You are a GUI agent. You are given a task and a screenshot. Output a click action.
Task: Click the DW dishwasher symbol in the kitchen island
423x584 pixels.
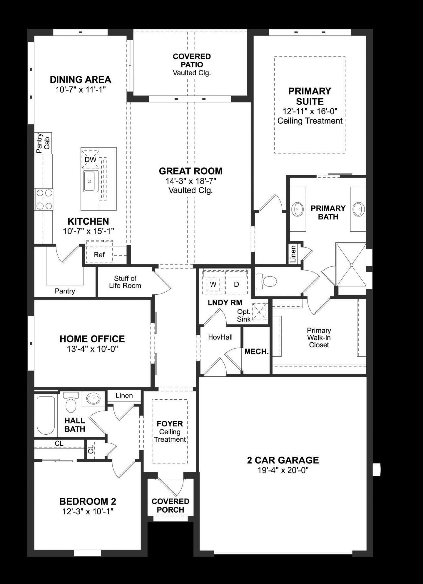90,159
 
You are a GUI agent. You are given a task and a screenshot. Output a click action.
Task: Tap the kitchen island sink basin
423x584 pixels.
90,181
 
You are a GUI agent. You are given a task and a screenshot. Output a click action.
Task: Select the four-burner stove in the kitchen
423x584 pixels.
44,199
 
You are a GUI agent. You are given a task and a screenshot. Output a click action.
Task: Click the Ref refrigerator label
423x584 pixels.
99,255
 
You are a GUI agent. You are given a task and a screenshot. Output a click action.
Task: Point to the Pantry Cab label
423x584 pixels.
43,143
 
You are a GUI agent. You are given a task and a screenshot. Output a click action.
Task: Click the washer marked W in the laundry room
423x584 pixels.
213,284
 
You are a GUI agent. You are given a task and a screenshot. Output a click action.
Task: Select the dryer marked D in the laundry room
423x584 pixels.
236,284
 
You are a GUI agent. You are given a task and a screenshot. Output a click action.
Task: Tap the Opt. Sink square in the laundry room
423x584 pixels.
260,312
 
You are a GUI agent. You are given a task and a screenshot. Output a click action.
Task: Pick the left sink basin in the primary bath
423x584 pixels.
298,209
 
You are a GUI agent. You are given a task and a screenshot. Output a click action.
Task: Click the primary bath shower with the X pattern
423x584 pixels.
351,265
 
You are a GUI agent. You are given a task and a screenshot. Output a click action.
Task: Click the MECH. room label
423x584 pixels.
256,352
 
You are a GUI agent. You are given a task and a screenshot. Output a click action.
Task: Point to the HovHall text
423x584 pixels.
220,337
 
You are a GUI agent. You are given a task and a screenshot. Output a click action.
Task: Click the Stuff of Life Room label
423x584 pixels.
125,282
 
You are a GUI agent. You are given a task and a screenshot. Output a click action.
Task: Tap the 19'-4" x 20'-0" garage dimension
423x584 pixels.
283,470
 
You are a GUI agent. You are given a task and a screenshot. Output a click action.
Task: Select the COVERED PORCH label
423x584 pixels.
170,505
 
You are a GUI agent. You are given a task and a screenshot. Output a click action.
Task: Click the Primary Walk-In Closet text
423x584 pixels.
319,337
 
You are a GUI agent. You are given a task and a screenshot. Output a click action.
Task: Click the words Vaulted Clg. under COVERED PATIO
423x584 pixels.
192,73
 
